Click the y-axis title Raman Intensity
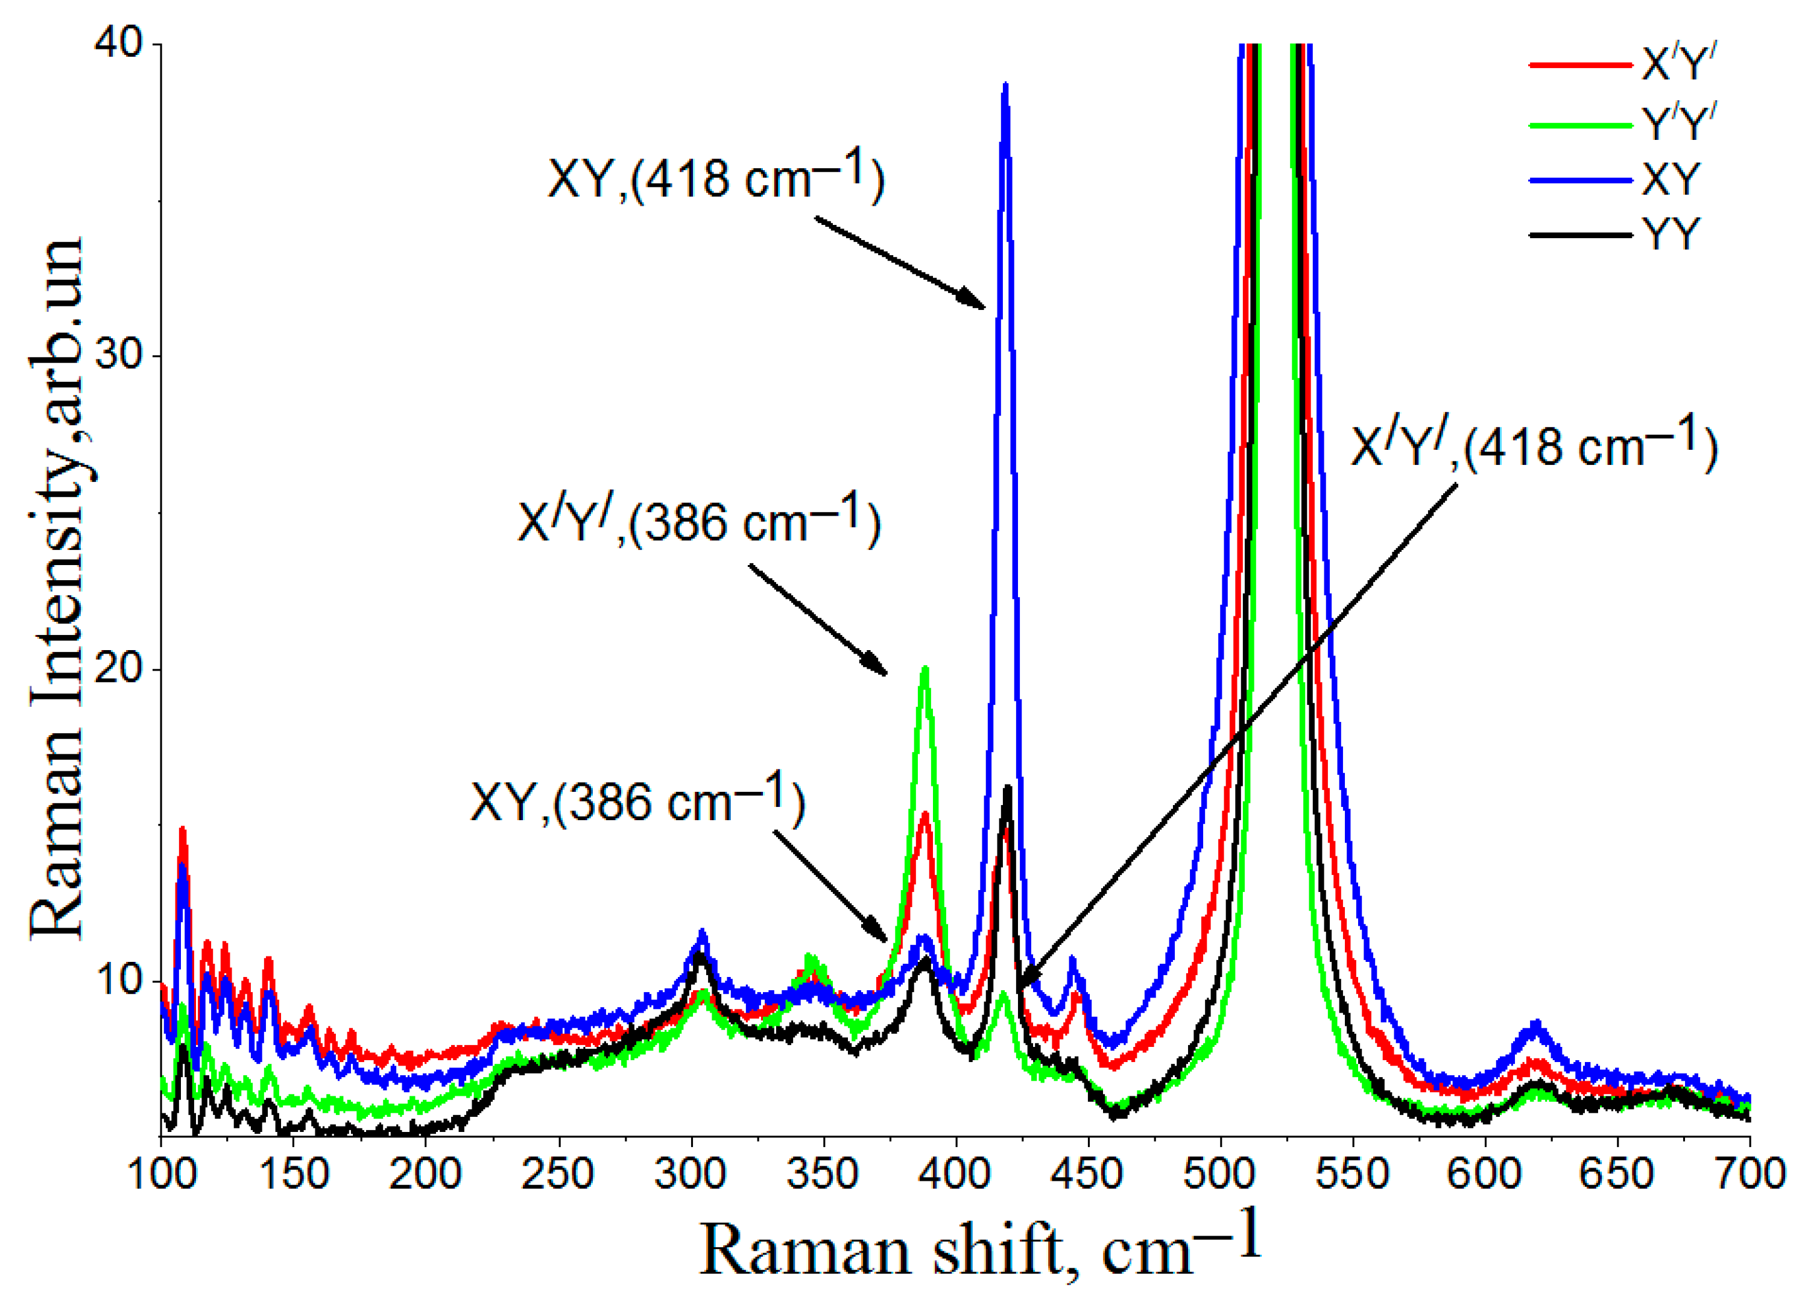coord(57,589)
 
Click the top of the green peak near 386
coord(925,669)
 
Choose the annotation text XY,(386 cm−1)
coord(637,801)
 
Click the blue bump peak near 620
coord(1536,1025)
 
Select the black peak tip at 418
coord(1007,788)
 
